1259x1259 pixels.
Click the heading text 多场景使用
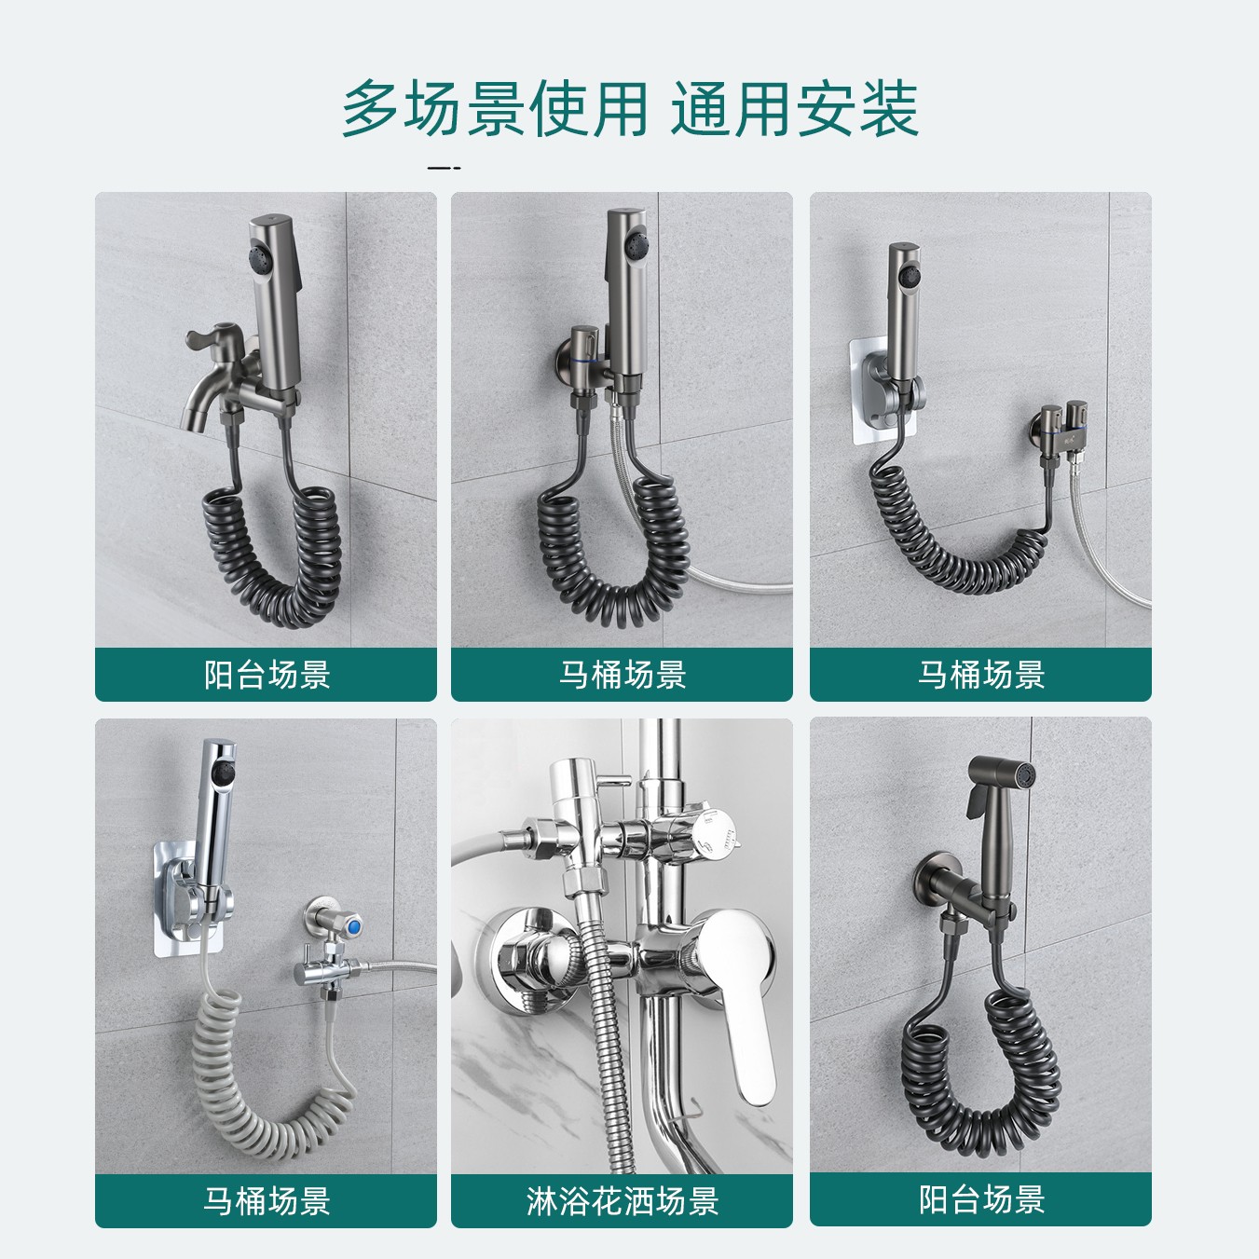tap(494, 110)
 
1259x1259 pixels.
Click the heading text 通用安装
tap(794, 110)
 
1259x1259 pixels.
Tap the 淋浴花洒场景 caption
tap(622, 1200)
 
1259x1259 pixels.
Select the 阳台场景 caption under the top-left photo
tap(267, 674)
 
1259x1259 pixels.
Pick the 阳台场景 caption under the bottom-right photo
tap(980, 1199)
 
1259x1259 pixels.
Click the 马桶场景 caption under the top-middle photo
tap(622, 674)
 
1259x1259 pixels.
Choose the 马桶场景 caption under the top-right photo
tap(980, 674)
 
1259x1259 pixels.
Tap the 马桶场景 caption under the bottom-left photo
tap(267, 1200)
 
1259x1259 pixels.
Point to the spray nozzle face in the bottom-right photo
tap(1023, 775)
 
